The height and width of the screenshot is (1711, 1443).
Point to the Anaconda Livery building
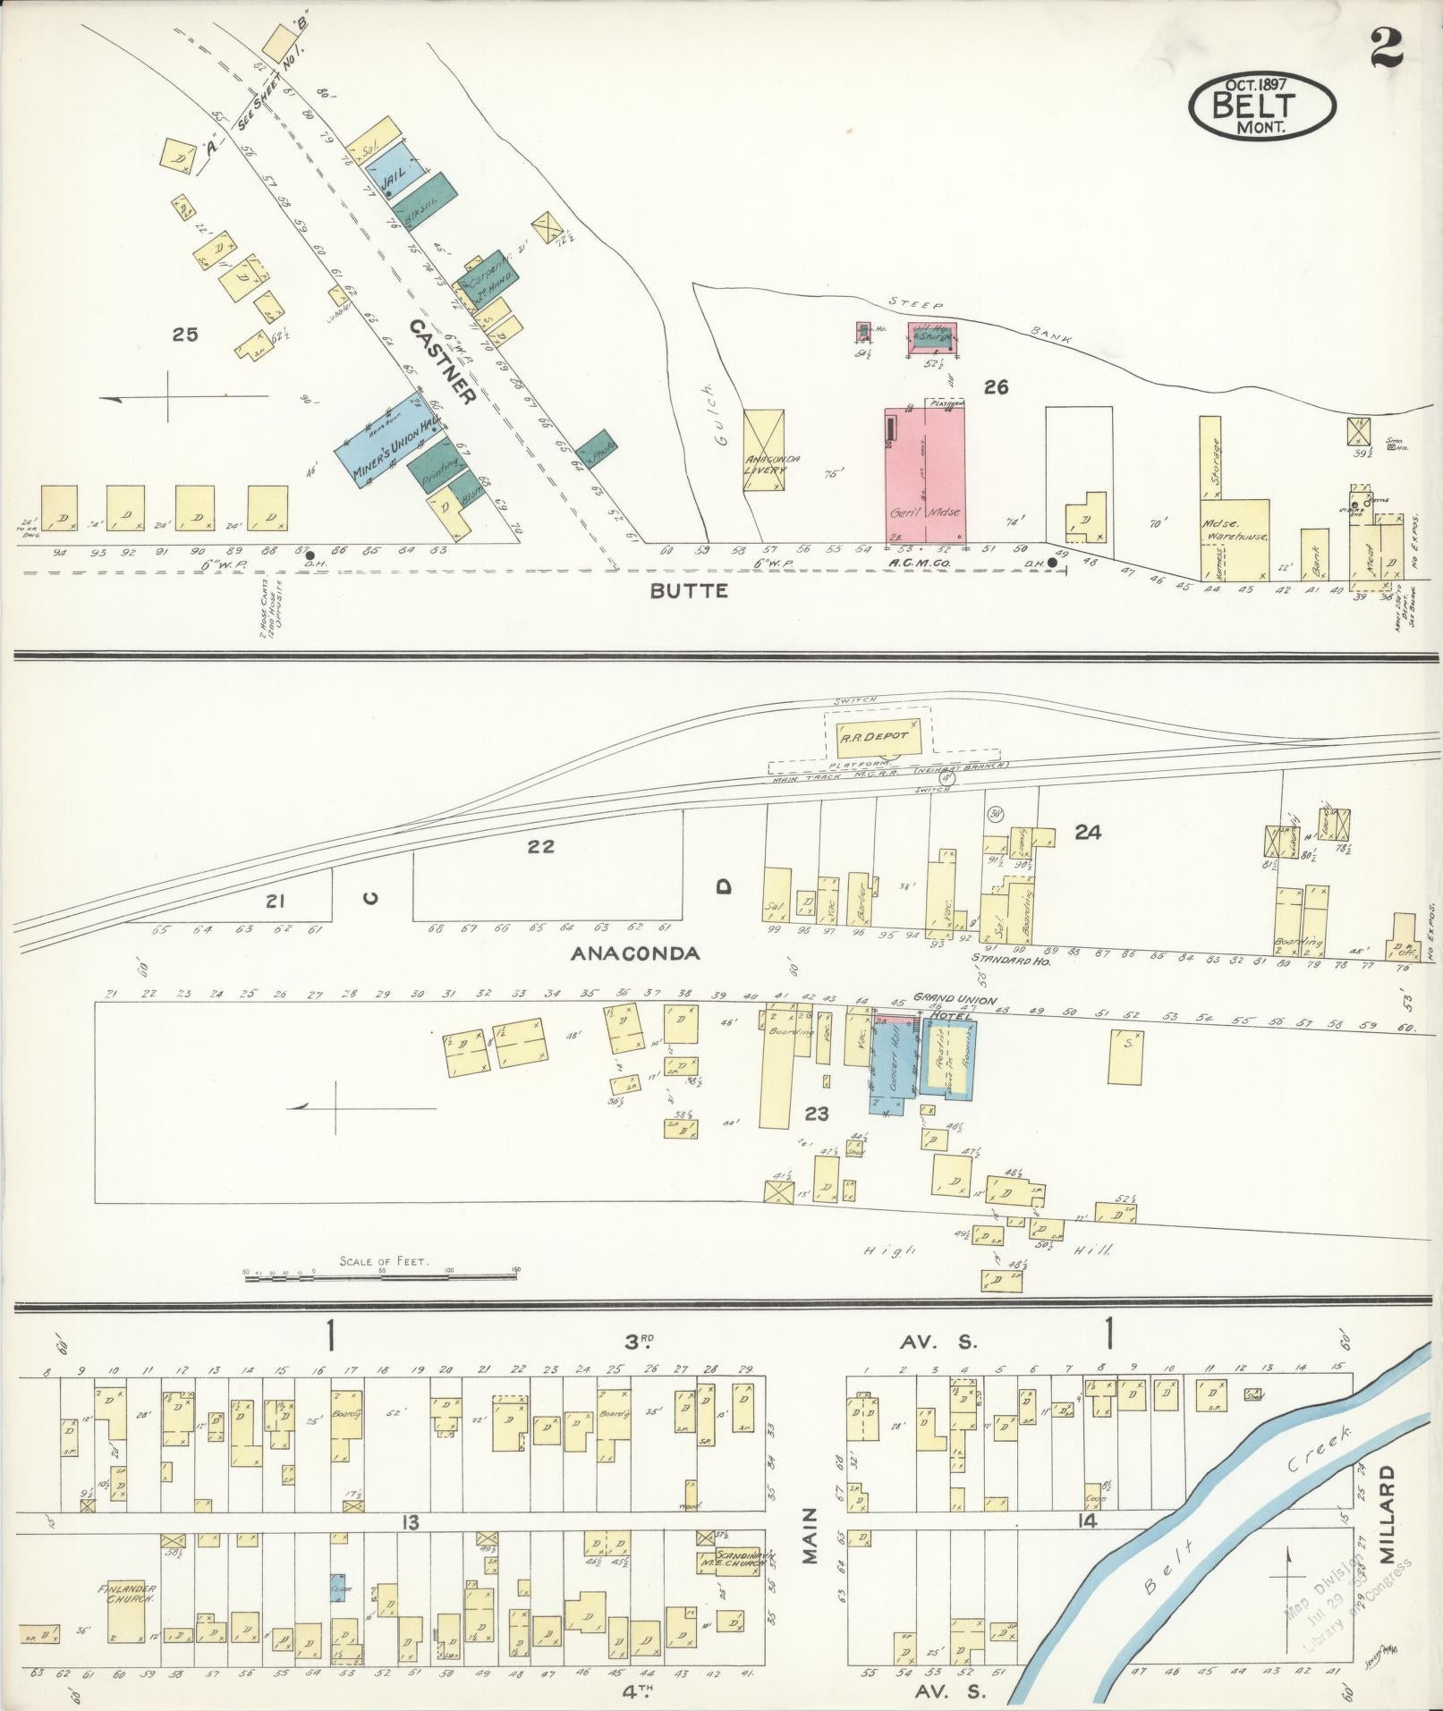763,451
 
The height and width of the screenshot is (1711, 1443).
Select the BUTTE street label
689,590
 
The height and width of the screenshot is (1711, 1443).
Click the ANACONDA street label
635,953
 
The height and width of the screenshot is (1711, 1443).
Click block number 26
996,387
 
